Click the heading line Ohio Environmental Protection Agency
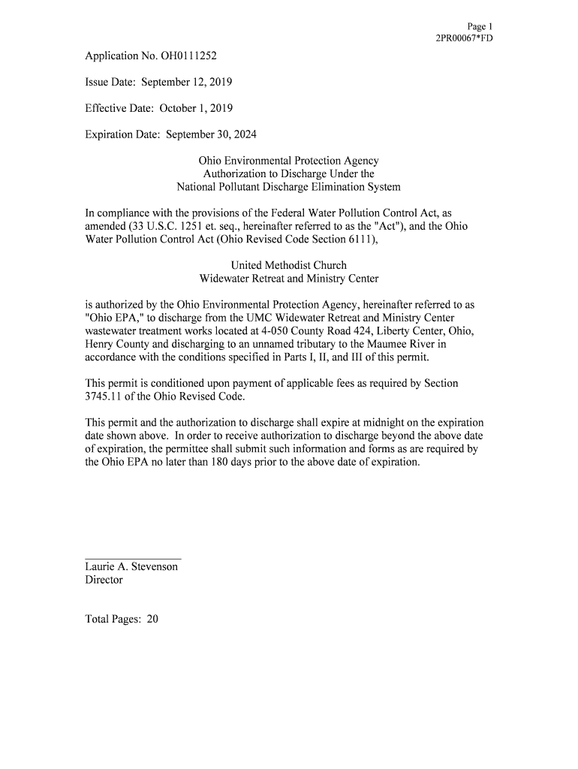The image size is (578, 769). click(x=288, y=161)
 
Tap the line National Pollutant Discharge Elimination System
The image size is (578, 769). click(x=288, y=187)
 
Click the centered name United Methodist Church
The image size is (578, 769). click(x=288, y=265)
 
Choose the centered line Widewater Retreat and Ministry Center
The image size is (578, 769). click(x=288, y=279)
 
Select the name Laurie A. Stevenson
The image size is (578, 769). click(x=131, y=567)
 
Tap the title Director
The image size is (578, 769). click(x=104, y=580)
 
